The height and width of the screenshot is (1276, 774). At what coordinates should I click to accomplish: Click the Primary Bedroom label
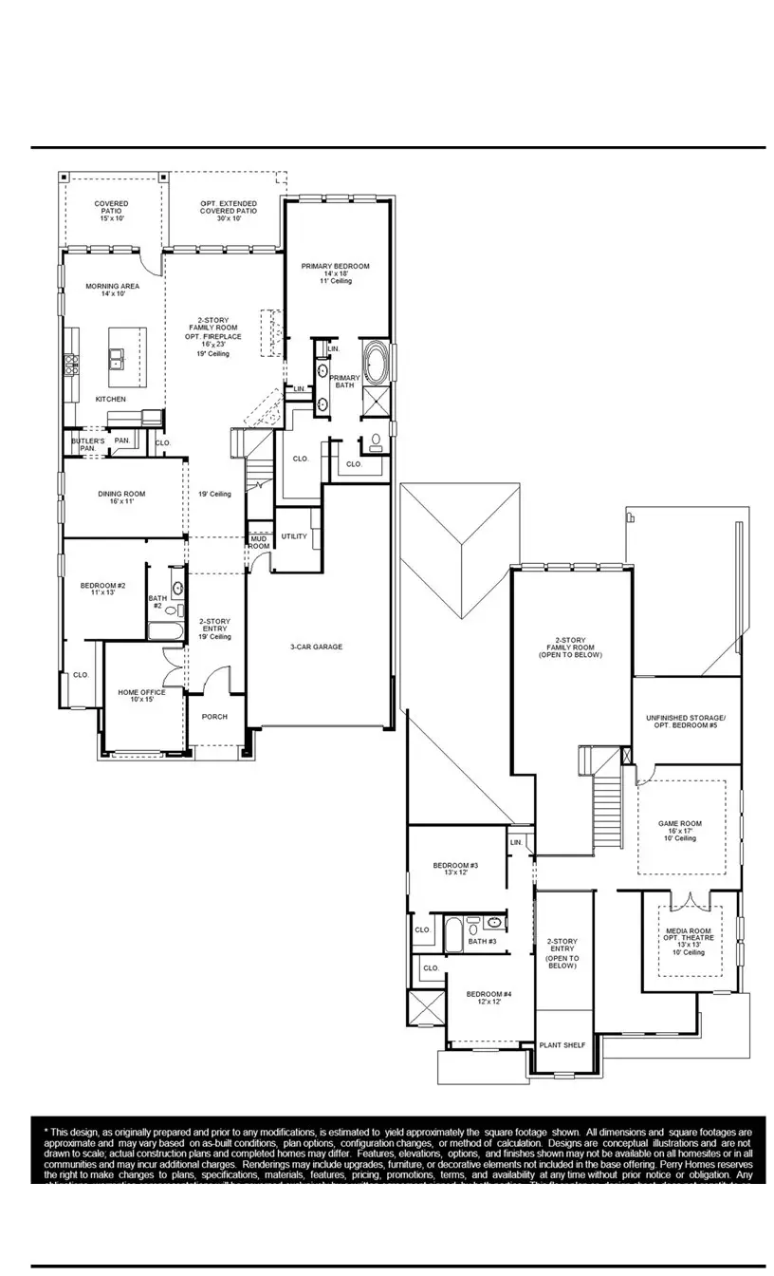pyautogui.click(x=335, y=272)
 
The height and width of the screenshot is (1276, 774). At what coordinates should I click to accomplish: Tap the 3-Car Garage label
pyautogui.click(x=316, y=647)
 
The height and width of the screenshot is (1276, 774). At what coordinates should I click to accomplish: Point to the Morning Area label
pyautogui.click(x=112, y=290)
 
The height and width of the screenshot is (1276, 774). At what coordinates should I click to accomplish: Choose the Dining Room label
pyautogui.click(x=121, y=497)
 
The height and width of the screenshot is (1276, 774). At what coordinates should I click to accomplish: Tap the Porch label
pyautogui.click(x=214, y=717)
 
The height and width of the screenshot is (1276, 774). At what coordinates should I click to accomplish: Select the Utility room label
pyautogui.click(x=294, y=537)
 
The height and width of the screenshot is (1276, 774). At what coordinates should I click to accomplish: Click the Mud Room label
pyautogui.click(x=258, y=542)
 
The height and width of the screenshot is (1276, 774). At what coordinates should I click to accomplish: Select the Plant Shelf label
pyautogui.click(x=562, y=1045)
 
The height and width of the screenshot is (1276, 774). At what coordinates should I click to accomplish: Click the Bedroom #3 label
pyautogui.click(x=455, y=869)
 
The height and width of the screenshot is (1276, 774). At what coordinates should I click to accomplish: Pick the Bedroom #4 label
pyautogui.click(x=483, y=997)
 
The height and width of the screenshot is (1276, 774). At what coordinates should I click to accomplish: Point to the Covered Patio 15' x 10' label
pyautogui.click(x=111, y=211)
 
